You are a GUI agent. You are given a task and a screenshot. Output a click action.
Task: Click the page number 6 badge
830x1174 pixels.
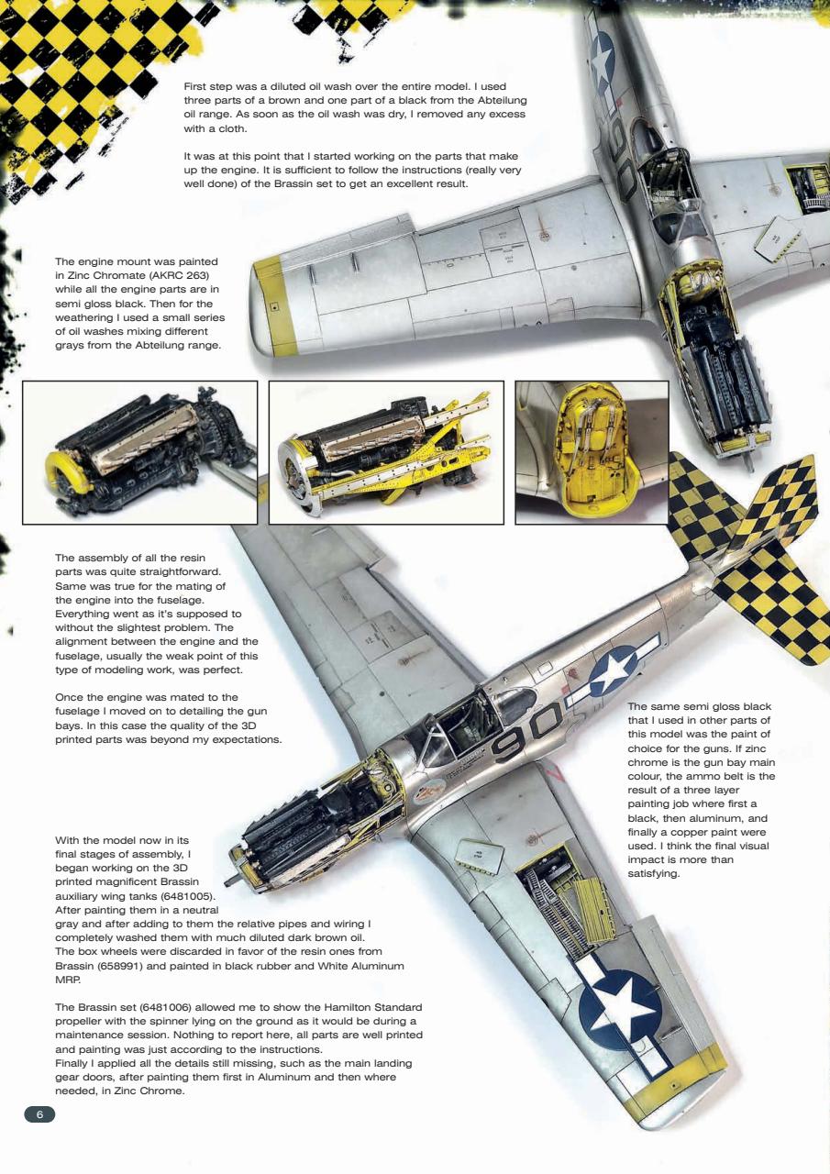(39, 1114)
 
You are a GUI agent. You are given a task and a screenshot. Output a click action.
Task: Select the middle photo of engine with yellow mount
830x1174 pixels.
(386, 452)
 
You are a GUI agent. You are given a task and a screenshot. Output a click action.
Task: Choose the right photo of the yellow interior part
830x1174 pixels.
(592, 452)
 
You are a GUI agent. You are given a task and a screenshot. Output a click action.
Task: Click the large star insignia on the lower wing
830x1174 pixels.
(624, 1007)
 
